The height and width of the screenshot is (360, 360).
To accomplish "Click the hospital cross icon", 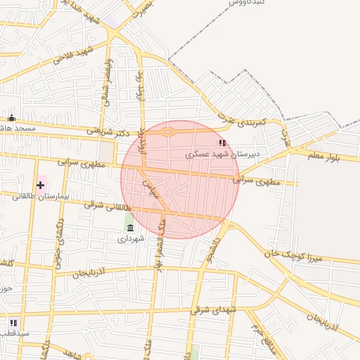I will pos(40,186).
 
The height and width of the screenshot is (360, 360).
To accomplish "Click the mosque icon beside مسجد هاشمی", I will pos(12,117).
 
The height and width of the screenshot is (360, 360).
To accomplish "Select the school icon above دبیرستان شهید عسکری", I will pos(223,143).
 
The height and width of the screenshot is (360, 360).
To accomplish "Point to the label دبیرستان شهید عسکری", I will pos(223,153).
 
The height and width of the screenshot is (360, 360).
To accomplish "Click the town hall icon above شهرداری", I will pos(131,228).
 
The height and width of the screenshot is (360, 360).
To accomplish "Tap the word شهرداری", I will pos(131,239).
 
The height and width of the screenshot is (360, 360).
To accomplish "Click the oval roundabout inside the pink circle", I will pos(167,131).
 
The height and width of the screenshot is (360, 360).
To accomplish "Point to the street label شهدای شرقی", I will pos(214,309).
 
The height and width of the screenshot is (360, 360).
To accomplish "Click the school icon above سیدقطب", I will pos(13,323).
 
